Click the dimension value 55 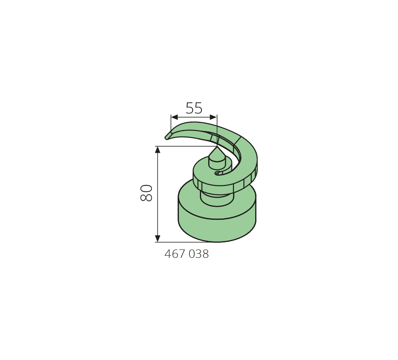point(194,108)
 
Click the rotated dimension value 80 point(147,193)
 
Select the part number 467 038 point(186,254)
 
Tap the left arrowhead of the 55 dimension point(174,117)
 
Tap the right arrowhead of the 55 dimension point(214,117)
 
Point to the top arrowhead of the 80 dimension point(158,150)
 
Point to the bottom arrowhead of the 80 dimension point(158,239)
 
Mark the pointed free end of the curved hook point(166,137)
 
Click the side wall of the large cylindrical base point(217,229)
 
